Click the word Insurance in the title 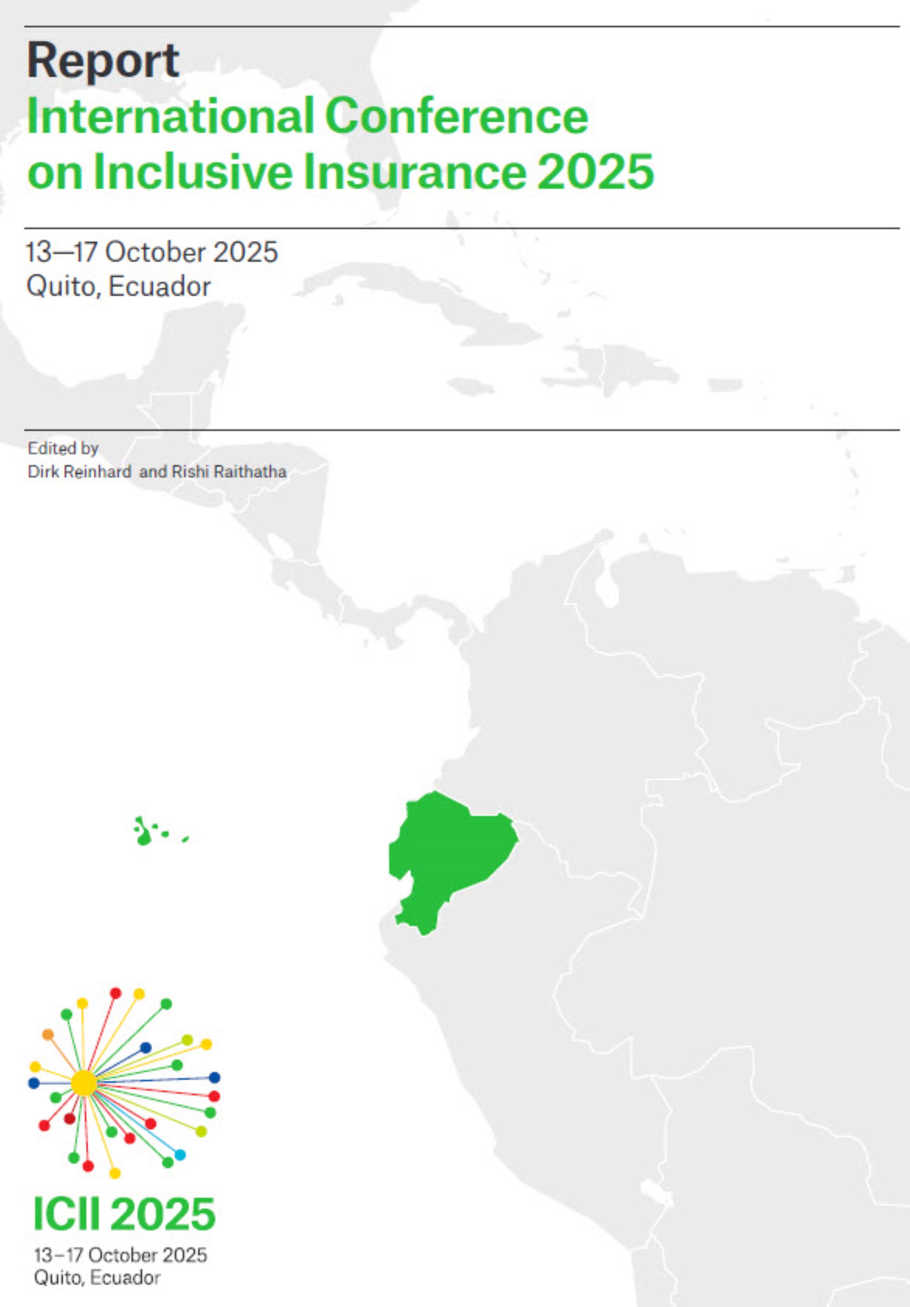(414, 171)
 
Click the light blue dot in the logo (180, 1155)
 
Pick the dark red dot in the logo (69, 1119)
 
